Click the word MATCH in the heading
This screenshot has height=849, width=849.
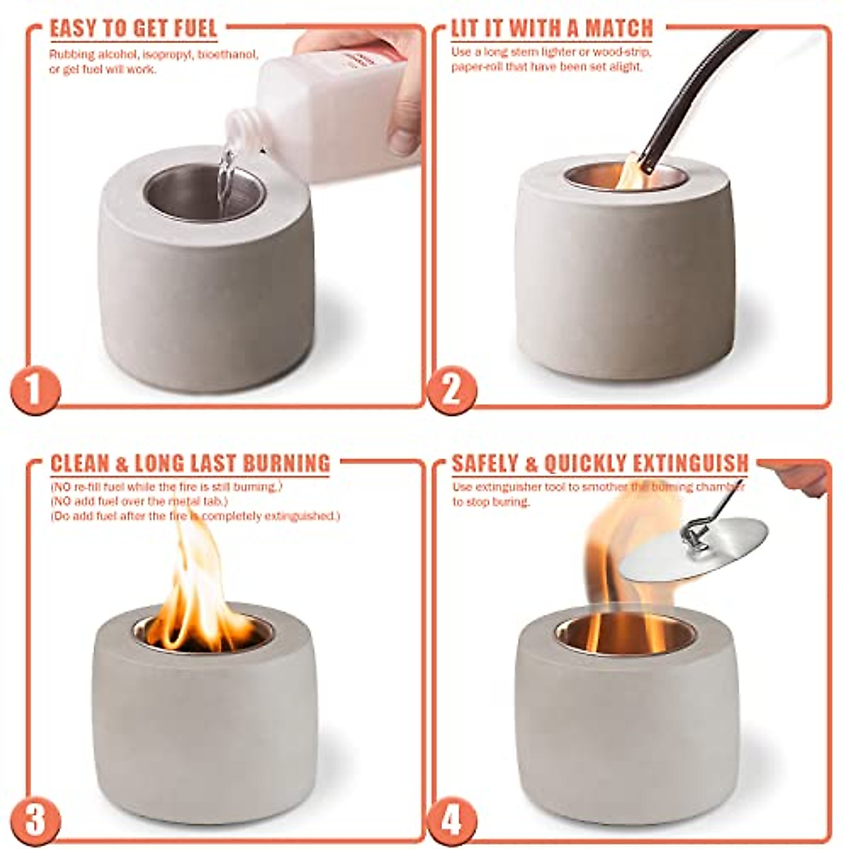click(x=619, y=29)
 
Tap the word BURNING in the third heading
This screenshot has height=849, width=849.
click(x=287, y=463)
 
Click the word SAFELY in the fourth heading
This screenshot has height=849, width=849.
click(x=486, y=463)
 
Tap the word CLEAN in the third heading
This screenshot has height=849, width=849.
click(x=79, y=463)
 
